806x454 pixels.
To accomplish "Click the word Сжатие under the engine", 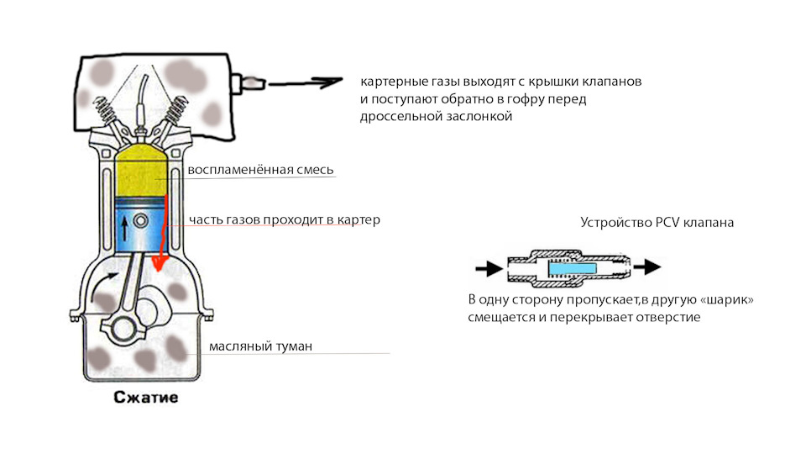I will pyautogui.click(x=146, y=397).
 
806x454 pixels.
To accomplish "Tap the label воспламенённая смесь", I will pyautogui.click(x=261, y=170).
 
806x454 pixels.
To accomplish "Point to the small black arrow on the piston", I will pyautogui.click(x=126, y=224).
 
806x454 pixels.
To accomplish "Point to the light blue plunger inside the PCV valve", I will pyautogui.click(x=573, y=268).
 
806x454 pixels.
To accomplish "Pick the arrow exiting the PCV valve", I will pyautogui.click(x=646, y=268).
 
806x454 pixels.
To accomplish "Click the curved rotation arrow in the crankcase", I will pyautogui.click(x=102, y=291).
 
